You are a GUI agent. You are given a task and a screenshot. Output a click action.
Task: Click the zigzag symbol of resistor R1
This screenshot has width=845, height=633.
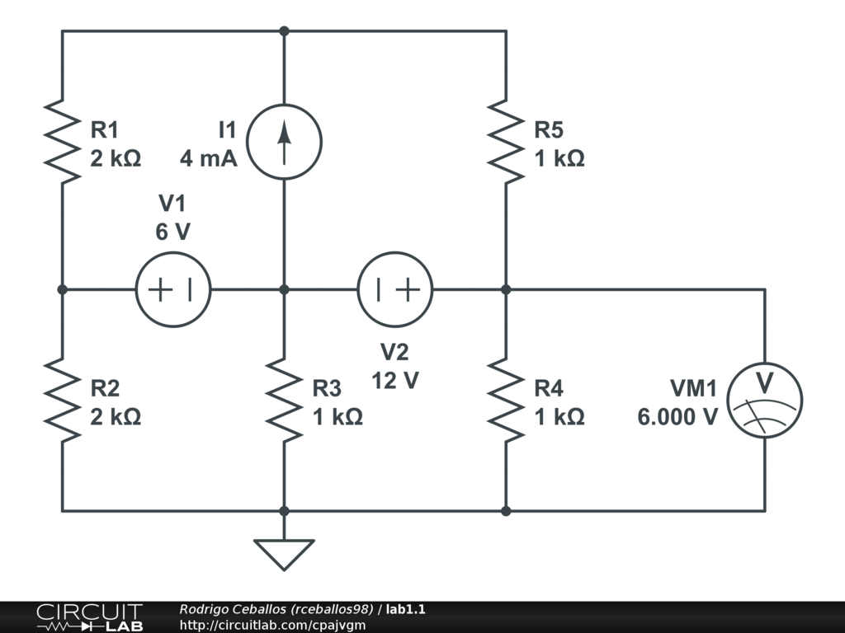(x=63, y=142)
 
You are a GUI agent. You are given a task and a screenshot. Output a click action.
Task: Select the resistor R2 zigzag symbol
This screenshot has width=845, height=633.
(x=63, y=400)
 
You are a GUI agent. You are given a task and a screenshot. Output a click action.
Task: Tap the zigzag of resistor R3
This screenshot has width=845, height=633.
(x=284, y=400)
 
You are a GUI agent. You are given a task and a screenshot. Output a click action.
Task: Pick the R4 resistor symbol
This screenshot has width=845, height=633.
(x=506, y=400)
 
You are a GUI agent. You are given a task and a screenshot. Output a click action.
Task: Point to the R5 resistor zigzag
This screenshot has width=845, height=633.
(x=506, y=142)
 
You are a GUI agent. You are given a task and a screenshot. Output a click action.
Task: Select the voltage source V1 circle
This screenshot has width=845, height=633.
(x=173, y=253)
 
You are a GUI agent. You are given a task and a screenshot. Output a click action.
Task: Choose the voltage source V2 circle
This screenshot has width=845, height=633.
(x=395, y=253)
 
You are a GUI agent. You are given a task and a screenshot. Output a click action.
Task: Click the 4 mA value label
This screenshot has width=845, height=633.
(x=209, y=159)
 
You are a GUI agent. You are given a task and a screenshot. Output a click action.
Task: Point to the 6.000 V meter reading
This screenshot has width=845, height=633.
(x=677, y=417)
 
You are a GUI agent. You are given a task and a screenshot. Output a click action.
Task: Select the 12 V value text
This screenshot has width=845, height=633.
(x=395, y=381)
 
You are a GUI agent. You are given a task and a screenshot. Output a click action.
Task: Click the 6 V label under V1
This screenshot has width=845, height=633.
(x=173, y=232)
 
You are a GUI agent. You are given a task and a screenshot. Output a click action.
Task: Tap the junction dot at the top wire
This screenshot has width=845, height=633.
(x=284, y=31)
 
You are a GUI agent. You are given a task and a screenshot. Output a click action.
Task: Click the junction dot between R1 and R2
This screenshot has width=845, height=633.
(x=63, y=289)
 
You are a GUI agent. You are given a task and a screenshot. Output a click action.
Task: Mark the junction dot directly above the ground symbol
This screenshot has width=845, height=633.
(x=284, y=511)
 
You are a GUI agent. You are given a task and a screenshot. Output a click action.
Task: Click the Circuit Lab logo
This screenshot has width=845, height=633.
(x=89, y=617)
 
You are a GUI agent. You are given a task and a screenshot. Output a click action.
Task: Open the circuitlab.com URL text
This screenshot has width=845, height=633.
(x=272, y=625)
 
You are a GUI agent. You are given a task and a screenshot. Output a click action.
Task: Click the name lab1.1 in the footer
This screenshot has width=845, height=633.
(x=405, y=609)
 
